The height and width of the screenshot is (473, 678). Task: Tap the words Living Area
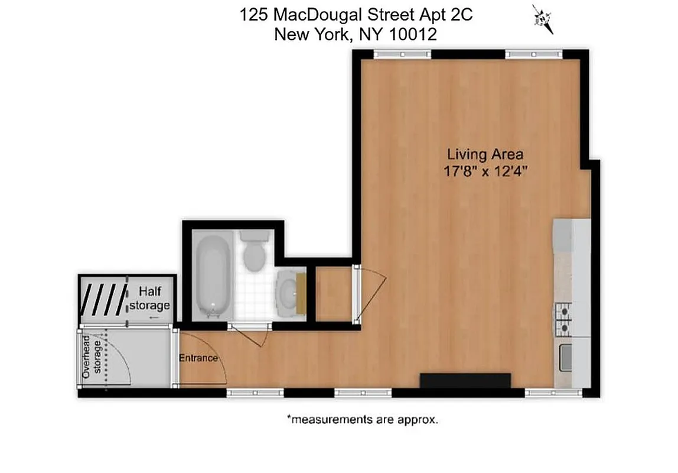click(x=484, y=155)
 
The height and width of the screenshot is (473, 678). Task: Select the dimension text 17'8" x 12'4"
click(x=484, y=172)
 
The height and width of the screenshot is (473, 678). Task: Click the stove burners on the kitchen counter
click(x=563, y=319)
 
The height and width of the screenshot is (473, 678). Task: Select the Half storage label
click(x=149, y=299)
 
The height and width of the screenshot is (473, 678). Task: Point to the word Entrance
click(x=198, y=358)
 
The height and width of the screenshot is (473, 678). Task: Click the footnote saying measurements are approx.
click(x=363, y=420)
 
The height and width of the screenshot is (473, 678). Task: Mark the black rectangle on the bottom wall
click(x=465, y=380)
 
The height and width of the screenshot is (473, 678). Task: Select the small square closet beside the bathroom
click(x=334, y=294)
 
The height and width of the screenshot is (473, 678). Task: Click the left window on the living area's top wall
click(x=402, y=54)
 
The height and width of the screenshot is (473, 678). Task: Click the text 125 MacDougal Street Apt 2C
click(x=356, y=15)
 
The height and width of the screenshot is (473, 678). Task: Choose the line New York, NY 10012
click(x=356, y=34)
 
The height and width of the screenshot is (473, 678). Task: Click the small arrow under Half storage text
click(x=154, y=318)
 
